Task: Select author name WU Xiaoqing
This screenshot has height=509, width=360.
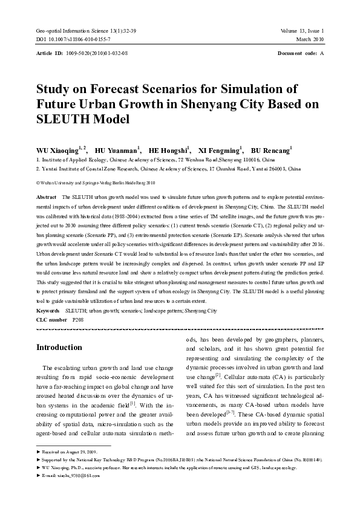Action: coord(58,150)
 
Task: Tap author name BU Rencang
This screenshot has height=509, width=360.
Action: coord(270,150)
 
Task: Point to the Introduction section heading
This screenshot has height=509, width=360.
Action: coord(59,348)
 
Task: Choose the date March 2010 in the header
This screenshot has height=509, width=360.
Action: coord(310,39)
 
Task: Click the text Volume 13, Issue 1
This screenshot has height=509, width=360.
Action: coord(302,30)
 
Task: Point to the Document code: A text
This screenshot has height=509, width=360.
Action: coord(301,53)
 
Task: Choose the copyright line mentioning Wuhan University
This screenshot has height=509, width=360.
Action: coord(96,181)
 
